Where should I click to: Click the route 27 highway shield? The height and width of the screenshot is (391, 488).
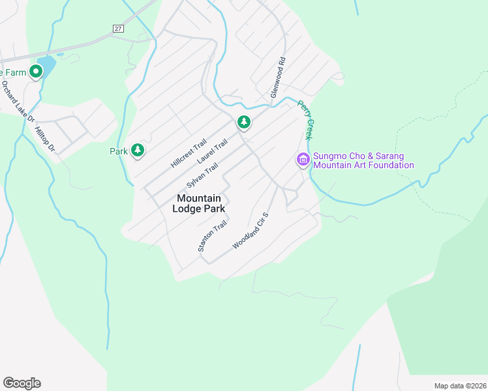click(117, 29)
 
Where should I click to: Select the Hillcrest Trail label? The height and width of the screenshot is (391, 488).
click(188, 152)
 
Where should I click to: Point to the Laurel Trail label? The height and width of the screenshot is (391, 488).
click(212, 153)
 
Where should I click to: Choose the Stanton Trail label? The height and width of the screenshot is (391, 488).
click(212, 236)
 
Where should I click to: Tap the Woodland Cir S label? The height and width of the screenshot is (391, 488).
click(251, 231)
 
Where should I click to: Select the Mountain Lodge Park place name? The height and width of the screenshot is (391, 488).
click(199, 203)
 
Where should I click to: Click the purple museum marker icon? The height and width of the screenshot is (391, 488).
click(303, 159)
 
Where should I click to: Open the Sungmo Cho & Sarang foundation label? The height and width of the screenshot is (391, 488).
click(363, 160)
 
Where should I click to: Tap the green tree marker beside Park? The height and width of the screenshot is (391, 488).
click(138, 151)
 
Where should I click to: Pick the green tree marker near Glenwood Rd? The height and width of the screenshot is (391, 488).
click(243, 121)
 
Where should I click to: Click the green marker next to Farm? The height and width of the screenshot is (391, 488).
click(35, 72)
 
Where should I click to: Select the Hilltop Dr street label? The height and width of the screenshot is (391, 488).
click(45, 139)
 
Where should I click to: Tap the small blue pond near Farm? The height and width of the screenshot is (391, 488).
click(46, 66)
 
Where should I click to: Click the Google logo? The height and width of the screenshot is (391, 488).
click(22, 383)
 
